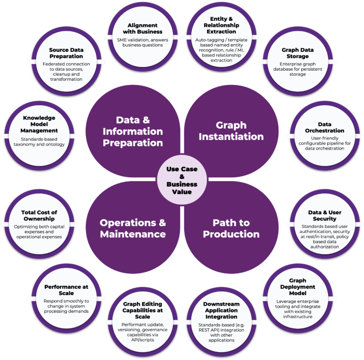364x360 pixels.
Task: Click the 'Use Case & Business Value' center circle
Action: pos(182,180)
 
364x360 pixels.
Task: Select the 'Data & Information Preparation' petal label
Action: pos(133,131)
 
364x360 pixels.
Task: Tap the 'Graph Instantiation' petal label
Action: pos(231,131)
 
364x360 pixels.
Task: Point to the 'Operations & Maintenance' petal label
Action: pos(133,228)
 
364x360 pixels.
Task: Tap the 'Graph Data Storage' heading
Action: pos(295,53)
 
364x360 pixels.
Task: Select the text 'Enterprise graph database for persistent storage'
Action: pos(295,69)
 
